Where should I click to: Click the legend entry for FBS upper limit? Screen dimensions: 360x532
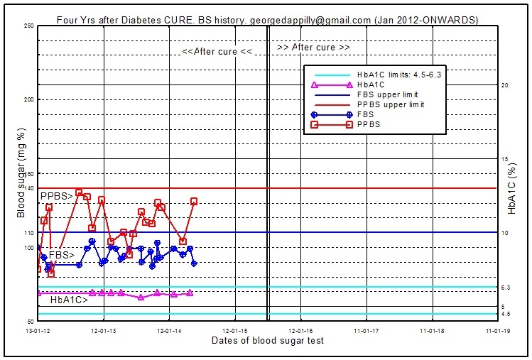click(x=387, y=94)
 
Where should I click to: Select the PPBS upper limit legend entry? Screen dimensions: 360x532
click(x=391, y=104)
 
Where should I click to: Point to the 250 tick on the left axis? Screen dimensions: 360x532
click(x=29, y=26)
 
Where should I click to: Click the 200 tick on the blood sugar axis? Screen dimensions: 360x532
click(x=29, y=100)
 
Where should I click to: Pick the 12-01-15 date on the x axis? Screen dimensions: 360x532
click(x=234, y=330)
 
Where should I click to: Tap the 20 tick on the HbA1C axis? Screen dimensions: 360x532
click(x=505, y=85)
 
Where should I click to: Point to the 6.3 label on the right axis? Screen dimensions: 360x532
click(x=506, y=288)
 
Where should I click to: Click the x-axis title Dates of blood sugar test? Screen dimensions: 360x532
click(x=268, y=341)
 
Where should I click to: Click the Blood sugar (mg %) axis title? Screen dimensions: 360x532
click(x=21, y=173)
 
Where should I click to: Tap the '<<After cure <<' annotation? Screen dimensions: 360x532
click(x=217, y=52)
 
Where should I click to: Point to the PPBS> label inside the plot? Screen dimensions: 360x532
click(x=55, y=196)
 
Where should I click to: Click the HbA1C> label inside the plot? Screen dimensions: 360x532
click(x=69, y=300)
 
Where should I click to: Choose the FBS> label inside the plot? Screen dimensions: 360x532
click(x=63, y=254)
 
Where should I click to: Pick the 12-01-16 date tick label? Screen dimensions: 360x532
click(x=300, y=330)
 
